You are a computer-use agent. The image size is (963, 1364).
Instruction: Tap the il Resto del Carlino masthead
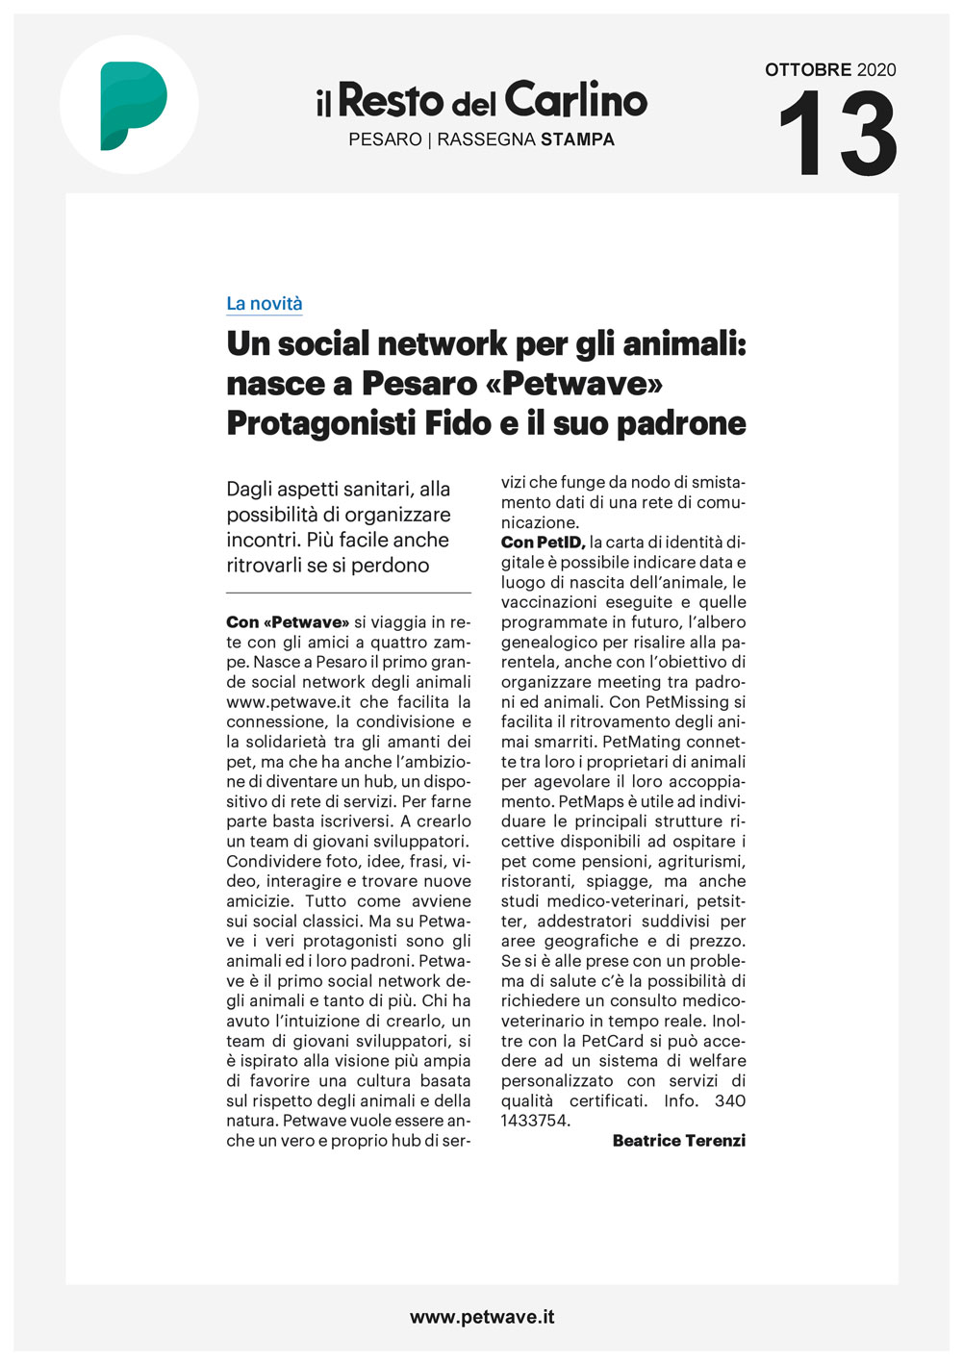click(481, 100)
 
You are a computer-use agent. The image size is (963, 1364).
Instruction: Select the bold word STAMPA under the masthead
click(577, 139)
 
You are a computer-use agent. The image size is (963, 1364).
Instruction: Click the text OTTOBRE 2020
click(830, 69)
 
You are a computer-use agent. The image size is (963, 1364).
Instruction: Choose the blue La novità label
click(265, 304)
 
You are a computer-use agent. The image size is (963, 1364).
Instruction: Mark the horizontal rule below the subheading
click(348, 593)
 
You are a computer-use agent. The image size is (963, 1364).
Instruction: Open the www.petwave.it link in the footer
click(482, 1317)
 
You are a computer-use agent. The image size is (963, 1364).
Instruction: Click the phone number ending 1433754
click(536, 1121)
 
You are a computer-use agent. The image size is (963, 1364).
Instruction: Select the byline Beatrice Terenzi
click(678, 1141)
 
